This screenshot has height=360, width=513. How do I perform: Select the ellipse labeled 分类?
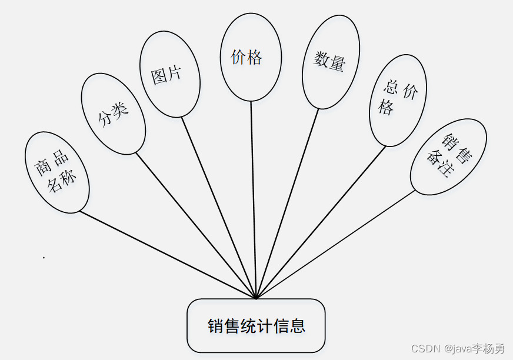[113, 114]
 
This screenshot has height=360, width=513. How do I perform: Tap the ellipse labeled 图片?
[169, 74]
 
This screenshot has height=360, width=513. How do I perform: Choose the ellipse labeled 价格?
[249, 58]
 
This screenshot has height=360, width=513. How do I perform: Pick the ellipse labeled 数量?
[331, 61]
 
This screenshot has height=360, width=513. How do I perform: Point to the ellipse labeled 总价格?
[398, 100]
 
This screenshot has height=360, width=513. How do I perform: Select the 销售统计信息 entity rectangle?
[256, 326]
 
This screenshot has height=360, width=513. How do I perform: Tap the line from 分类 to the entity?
[194, 223]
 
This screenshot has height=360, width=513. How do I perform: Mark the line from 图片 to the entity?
[218, 206]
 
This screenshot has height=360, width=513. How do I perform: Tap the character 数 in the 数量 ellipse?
[321, 59]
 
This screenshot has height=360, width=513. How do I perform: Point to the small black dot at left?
[44, 257]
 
